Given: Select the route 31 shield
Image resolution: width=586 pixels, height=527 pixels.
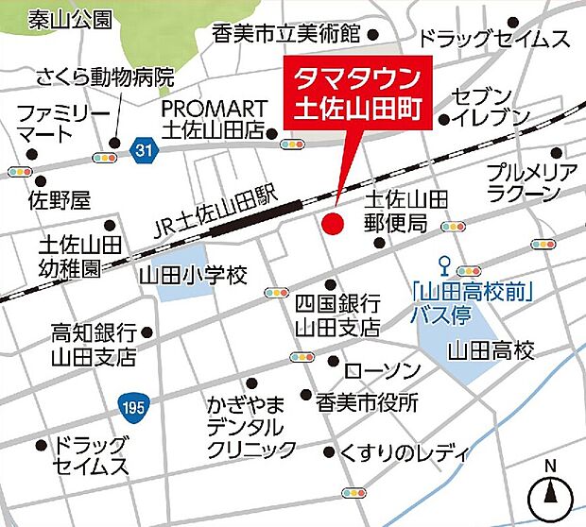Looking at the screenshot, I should [x=142, y=149].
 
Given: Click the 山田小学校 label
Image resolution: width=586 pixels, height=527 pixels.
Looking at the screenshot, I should [x=193, y=276].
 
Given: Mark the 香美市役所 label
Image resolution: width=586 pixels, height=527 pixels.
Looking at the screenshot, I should [x=368, y=401].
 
